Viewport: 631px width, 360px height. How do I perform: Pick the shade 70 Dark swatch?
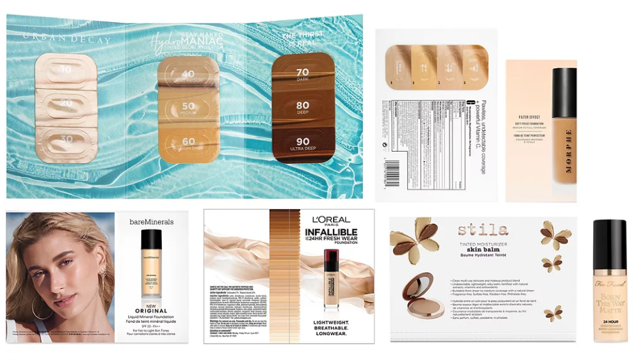(302, 73)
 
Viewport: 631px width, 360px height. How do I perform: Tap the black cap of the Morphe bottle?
(563, 91)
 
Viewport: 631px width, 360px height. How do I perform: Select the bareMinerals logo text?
(152, 223)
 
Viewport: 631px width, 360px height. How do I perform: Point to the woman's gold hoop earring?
(41, 307)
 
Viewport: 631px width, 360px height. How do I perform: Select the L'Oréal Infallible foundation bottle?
(332, 280)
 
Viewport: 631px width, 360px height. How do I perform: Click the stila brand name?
(482, 230)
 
